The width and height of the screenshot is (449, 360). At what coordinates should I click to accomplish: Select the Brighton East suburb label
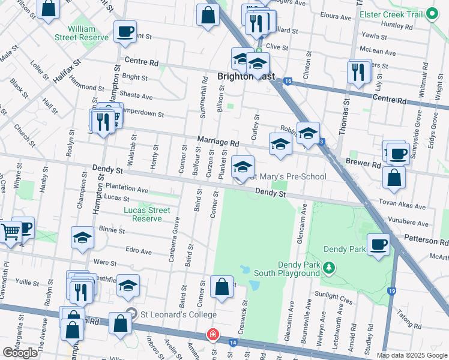(238, 76)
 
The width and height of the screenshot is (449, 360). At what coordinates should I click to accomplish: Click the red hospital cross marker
(212, 334)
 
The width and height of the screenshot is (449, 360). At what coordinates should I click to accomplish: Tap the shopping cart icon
(10, 230)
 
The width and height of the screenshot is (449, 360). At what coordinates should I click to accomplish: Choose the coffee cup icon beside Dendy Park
(378, 244)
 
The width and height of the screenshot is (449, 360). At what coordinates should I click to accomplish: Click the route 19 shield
(392, 291)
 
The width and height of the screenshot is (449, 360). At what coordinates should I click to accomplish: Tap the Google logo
(20, 352)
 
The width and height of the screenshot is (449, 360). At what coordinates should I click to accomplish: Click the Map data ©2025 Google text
(411, 355)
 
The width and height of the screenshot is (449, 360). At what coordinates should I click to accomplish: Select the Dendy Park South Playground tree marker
(328, 266)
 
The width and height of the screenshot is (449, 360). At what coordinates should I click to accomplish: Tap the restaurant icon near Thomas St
(357, 71)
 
